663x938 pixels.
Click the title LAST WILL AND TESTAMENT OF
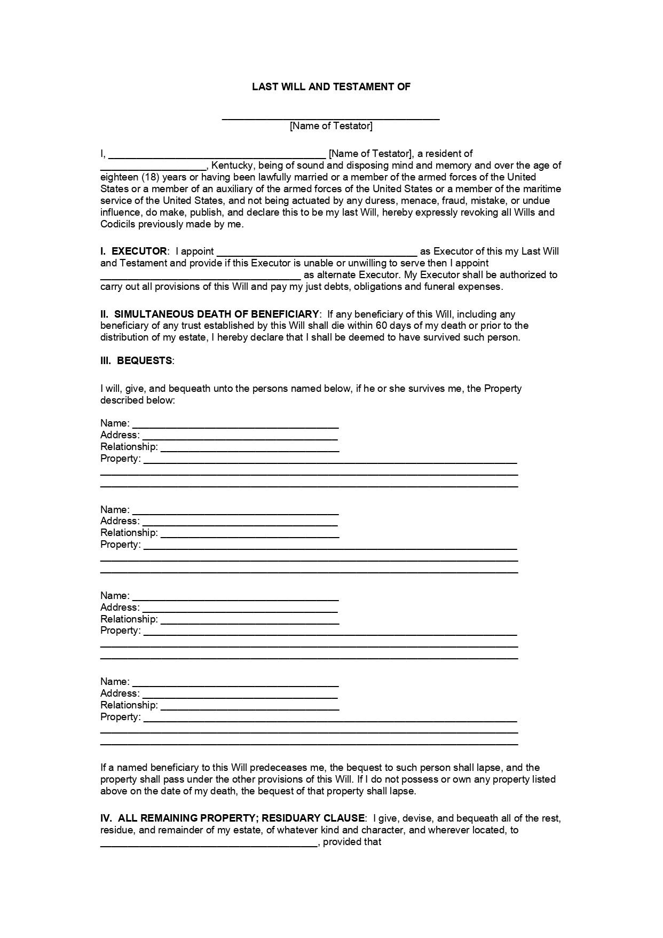[331, 86]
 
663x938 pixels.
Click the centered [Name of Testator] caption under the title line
[331, 126]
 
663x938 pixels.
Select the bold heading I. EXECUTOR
[133, 251]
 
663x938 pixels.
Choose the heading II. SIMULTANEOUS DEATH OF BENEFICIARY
[210, 314]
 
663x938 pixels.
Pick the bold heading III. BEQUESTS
[137, 361]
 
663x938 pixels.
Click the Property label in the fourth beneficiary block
[120, 717]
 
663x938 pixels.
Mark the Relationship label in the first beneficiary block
[129, 447]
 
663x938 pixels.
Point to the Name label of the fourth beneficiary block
[114, 682]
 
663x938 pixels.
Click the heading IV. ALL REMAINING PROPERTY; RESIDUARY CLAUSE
[233, 818]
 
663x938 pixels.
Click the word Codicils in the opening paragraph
[118, 224]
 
